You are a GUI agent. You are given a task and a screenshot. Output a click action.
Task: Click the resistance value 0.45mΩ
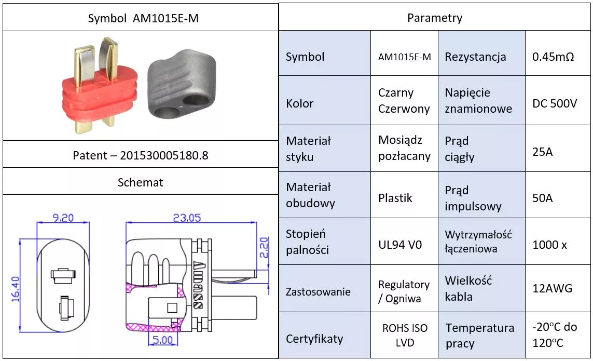click(x=553, y=57)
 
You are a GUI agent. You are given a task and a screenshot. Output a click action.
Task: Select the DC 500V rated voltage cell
click(x=555, y=103)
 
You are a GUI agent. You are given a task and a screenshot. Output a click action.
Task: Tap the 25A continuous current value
click(x=543, y=152)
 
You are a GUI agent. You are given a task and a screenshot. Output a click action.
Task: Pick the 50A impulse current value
click(x=543, y=198)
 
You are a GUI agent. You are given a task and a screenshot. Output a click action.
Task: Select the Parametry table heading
click(x=435, y=18)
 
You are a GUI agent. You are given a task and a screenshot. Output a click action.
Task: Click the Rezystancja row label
click(x=475, y=57)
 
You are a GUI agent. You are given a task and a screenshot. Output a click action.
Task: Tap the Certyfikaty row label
click(x=314, y=339)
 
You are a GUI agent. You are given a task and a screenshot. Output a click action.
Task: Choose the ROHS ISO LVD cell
click(x=405, y=336)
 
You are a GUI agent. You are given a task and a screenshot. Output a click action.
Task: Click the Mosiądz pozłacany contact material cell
click(x=404, y=148)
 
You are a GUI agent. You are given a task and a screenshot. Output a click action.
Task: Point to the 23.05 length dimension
click(x=186, y=218)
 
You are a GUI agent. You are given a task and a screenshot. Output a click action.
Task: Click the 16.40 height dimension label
click(x=15, y=289)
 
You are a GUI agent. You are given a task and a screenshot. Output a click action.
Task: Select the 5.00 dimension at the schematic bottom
click(x=162, y=341)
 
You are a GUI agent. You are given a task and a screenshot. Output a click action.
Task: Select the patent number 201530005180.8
click(x=141, y=155)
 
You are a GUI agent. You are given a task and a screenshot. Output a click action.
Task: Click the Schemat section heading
click(x=141, y=182)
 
